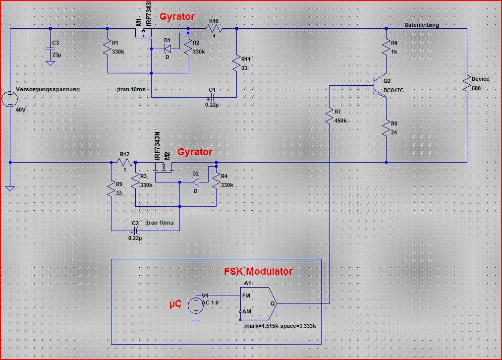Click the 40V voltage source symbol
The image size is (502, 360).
[x=10, y=99]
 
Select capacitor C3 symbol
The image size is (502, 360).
[x=50, y=49]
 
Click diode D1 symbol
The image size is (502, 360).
[x=167, y=49]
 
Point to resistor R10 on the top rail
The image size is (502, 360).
[x=214, y=29]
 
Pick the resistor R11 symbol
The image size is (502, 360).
[x=236, y=64]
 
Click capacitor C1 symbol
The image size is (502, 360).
[x=212, y=97]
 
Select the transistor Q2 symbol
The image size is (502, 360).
[x=380, y=86]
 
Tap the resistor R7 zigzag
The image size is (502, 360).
[x=330, y=116]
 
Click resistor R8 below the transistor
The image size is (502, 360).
[x=386, y=128]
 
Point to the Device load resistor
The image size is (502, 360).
[x=467, y=84]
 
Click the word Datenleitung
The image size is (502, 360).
[x=422, y=25]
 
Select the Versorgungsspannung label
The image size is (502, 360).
[x=48, y=89]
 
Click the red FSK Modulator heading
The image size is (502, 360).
[x=258, y=271]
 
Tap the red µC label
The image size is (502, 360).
[x=175, y=303]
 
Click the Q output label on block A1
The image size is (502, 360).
[x=273, y=303]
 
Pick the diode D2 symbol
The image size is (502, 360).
[x=196, y=182]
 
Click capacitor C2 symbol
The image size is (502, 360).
[x=135, y=231]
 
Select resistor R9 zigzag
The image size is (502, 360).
[x=112, y=189]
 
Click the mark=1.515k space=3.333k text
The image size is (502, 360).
[x=280, y=326]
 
